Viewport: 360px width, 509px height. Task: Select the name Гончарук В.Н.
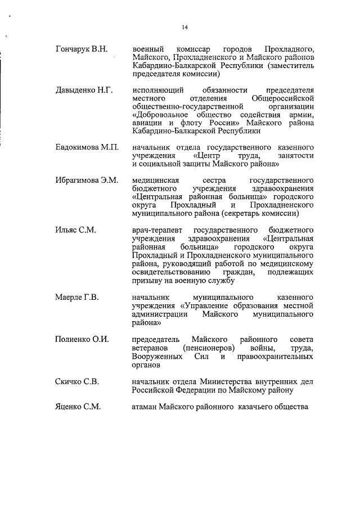coord(82,49)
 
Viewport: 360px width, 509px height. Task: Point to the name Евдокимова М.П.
coord(87,147)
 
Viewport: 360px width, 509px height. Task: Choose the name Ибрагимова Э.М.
coord(87,181)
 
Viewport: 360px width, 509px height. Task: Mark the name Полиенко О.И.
coord(82,340)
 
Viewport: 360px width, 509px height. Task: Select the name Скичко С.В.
coord(78,382)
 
